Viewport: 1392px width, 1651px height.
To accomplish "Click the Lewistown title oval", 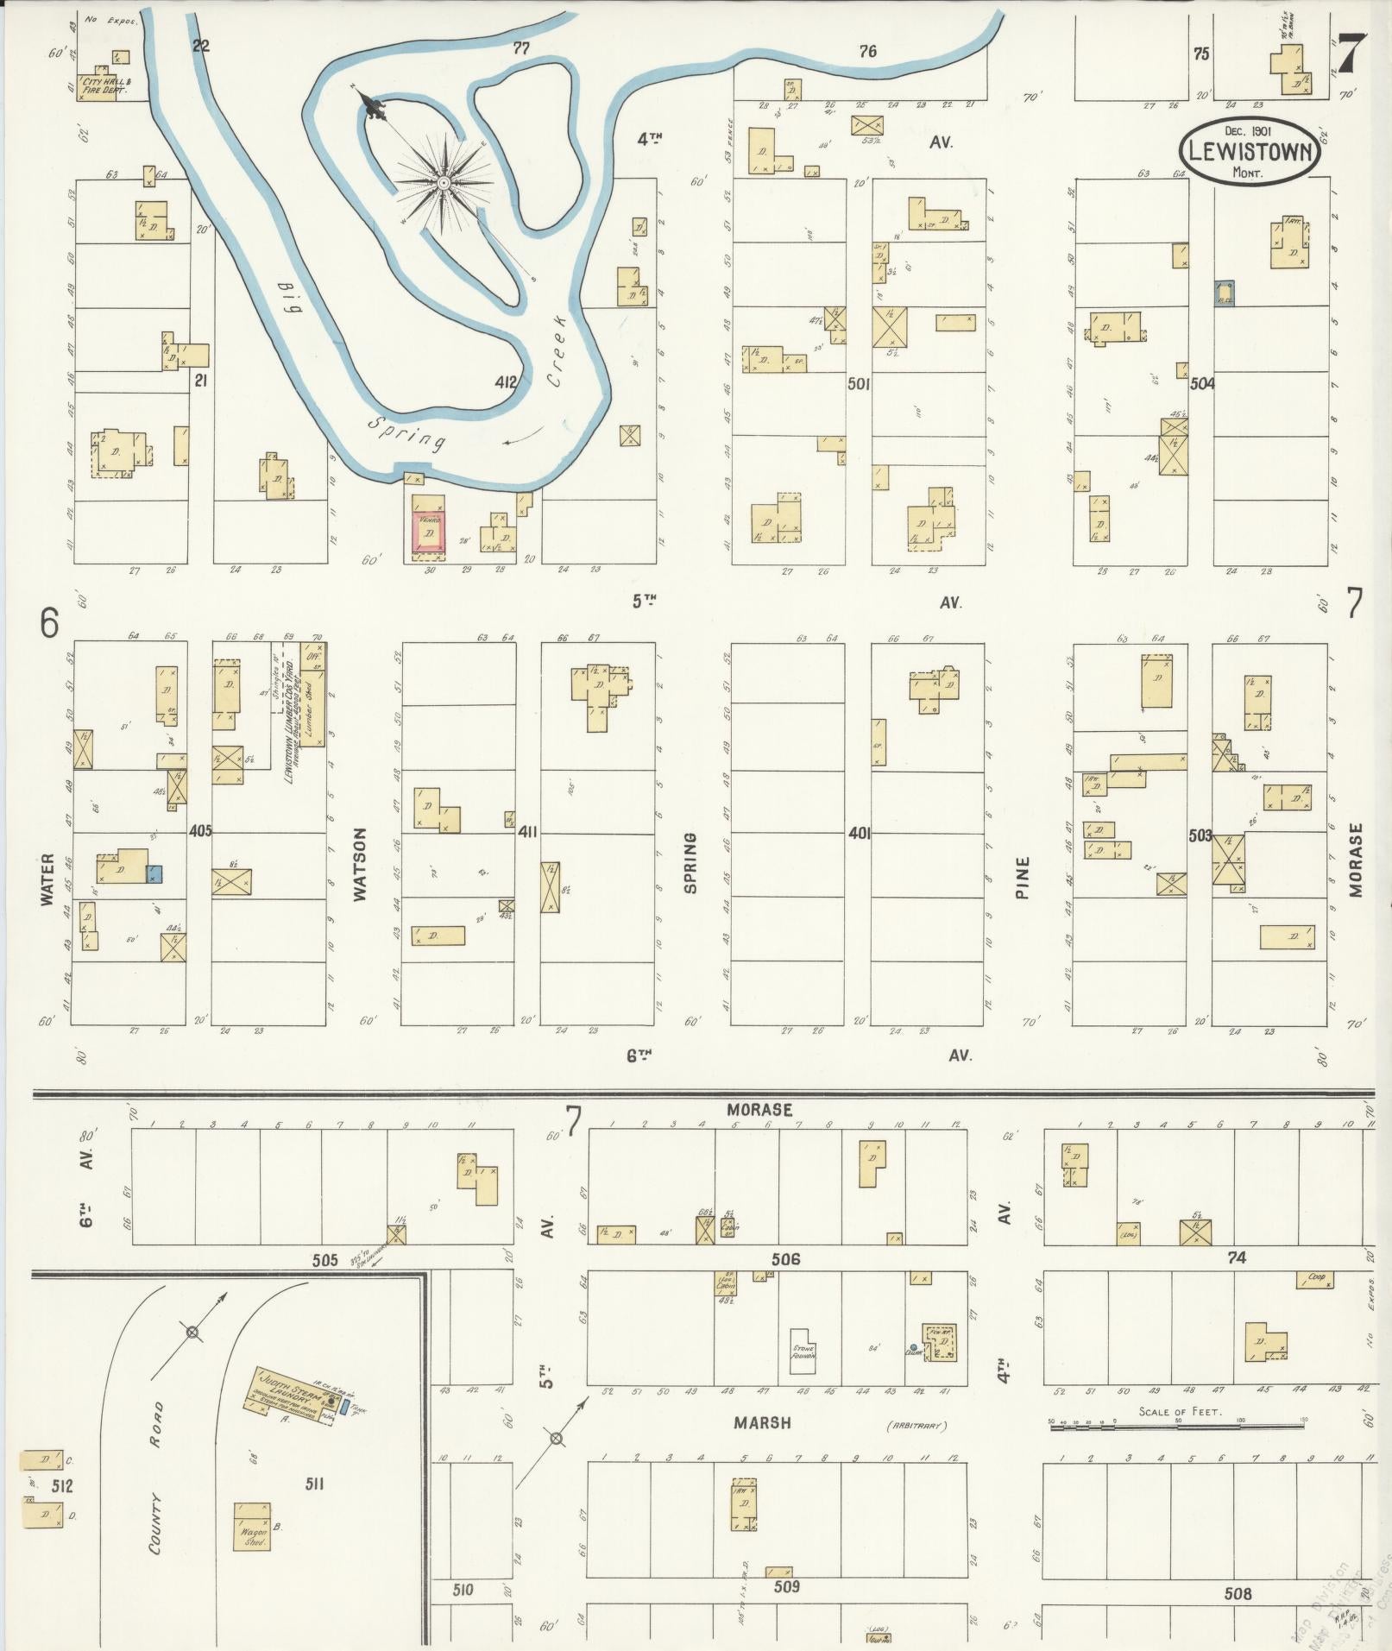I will pos(1250,149).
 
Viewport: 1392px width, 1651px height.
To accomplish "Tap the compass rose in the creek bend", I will pos(443,182).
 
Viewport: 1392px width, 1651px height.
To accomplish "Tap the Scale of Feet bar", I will pos(1178,1427).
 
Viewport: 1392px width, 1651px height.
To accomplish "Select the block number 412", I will pos(506,381).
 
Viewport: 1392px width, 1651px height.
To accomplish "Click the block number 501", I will pos(858,382).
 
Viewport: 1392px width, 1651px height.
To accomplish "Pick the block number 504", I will pos(1201,383).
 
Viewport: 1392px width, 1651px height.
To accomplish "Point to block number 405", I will pos(200,831).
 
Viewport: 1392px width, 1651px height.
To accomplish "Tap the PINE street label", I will pos(1024,877).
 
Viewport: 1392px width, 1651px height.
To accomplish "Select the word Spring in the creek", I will pos(406,432).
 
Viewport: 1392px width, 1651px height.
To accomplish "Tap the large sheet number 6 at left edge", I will pos(49,622).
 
